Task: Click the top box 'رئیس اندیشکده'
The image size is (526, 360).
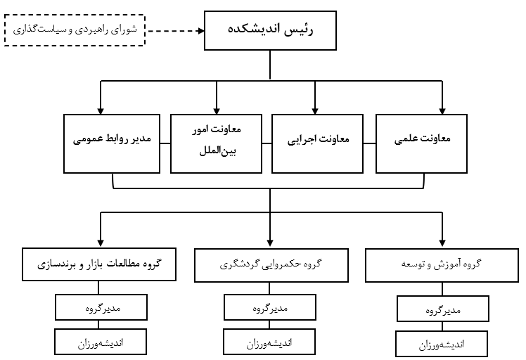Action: [x=270, y=30]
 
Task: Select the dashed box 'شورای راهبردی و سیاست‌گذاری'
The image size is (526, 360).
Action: [x=75, y=30]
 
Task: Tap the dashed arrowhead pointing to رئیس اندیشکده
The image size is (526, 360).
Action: [x=201, y=31]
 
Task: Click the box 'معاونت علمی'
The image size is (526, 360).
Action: [x=421, y=143]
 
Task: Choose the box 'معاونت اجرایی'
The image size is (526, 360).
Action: [x=317, y=143]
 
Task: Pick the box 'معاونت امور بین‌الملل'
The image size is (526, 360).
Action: [x=216, y=143]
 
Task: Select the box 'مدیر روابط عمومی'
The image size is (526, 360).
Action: [x=112, y=143]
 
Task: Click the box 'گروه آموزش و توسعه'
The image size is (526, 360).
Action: [x=442, y=265]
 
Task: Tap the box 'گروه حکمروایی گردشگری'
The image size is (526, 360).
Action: [x=271, y=265]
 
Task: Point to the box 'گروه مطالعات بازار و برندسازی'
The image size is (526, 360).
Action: [x=99, y=264]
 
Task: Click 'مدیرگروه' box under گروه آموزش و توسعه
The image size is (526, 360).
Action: [x=443, y=309]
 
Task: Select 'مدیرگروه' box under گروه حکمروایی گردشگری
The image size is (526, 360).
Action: [x=270, y=307]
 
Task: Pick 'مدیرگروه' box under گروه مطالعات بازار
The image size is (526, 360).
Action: [x=101, y=307]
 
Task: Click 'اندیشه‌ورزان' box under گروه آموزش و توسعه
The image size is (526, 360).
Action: [x=442, y=344]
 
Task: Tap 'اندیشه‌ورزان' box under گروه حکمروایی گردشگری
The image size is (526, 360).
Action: [x=269, y=342]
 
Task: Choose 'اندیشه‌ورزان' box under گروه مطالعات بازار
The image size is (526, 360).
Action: [x=101, y=342]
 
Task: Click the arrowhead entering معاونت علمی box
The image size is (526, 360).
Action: [x=442, y=111]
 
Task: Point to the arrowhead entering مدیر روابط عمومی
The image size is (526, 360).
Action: [x=101, y=111]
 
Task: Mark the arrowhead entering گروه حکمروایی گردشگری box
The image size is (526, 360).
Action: [x=270, y=243]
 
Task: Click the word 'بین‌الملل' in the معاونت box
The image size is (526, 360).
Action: [x=218, y=151]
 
